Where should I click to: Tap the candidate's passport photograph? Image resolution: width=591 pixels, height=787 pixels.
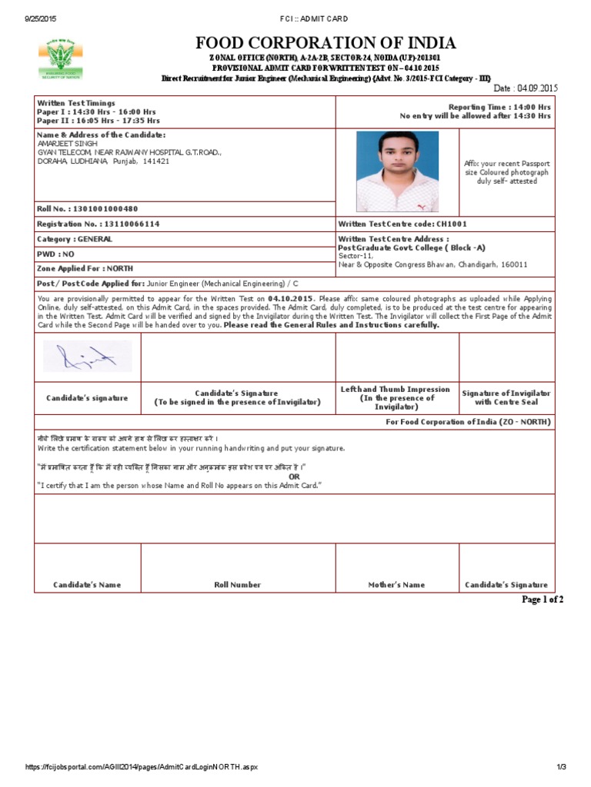(x=397, y=171)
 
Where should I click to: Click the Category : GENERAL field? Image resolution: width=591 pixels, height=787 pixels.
(x=75, y=239)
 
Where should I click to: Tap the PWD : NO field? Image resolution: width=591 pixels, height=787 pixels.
(x=56, y=254)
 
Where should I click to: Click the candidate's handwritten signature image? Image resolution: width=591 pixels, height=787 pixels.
(x=87, y=356)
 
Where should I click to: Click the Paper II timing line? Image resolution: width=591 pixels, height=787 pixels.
(x=98, y=121)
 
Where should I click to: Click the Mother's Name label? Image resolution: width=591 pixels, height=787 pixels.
(x=396, y=585)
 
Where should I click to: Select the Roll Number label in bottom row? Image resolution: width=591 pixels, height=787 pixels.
(x=237, y=585)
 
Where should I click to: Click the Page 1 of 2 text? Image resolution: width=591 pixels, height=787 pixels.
(x=543, y=599)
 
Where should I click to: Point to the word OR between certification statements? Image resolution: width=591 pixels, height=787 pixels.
(x=294, y=477)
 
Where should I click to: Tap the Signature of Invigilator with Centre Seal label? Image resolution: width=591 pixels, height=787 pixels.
(x=506, y=397)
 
